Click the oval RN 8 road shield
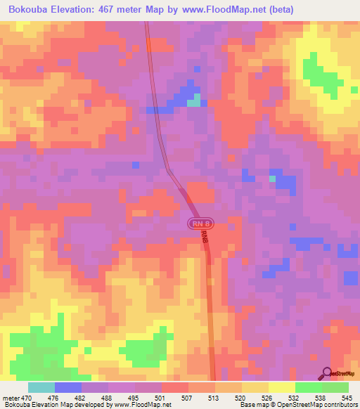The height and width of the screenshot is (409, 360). pyautogui.click(x=200, y=223)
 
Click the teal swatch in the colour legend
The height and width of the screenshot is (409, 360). pyautogui.click(x=41, y=387)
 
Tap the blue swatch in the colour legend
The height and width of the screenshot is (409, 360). pyautogui.click(x=68, y=387)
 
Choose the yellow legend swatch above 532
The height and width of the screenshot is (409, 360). pyautogui.click(x=282, y=387)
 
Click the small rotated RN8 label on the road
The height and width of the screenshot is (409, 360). pyautogui.click(x=205, y=236)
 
